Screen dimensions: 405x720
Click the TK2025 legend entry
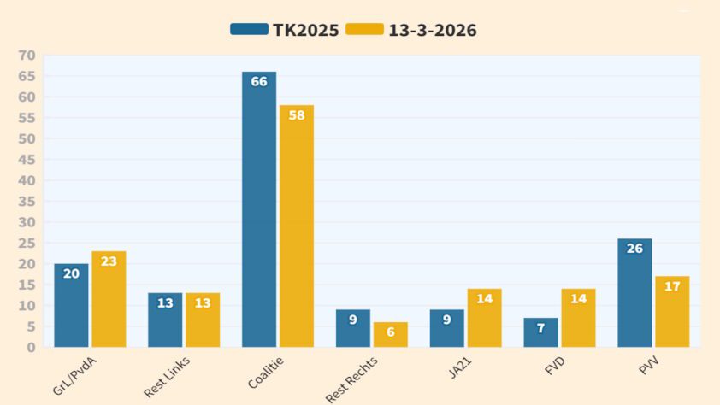285,30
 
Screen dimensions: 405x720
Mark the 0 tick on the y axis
31,348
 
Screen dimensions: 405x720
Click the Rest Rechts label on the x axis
353,378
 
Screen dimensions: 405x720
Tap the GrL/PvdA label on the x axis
74,376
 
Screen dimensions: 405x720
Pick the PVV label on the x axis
647,366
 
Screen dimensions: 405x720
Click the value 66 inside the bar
259,82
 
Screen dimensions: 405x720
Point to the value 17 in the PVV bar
672,287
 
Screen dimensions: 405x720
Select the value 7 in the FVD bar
540,329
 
